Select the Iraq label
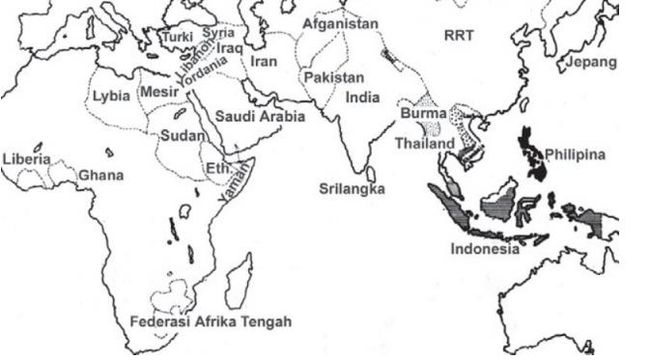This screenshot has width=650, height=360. (x=230, y=46)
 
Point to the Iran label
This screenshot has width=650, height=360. (x=264, y=61)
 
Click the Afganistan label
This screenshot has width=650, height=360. (x=341, y=23)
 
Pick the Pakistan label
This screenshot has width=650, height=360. (x=333, y=77)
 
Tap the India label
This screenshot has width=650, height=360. (x=363, y=98)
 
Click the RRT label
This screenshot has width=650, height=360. (x=460, y=35)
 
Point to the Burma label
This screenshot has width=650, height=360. (x=423, y=114)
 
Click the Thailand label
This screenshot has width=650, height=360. (x=424, y=144)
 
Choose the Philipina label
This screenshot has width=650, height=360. (x=575, y=154)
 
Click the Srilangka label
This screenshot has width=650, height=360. (x=352, y=188)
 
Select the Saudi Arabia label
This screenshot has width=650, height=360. (x=260, y=117)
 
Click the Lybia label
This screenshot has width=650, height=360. (x=114, y=97)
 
